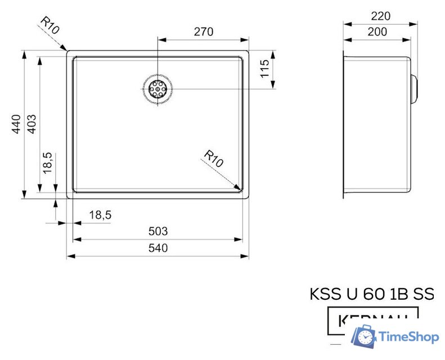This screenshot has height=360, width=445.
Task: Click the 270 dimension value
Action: click(x=204, y=31)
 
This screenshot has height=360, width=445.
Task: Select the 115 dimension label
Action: click(x=265, y=69)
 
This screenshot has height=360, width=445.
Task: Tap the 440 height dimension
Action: click(x=16, y=124)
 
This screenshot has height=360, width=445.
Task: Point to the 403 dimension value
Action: click(x=32, y=124)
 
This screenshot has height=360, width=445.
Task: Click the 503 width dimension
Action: click(x=158, y=231)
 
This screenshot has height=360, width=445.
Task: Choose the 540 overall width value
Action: click(x=158, y=248)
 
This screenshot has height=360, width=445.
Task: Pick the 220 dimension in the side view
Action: click(x=381, y=16)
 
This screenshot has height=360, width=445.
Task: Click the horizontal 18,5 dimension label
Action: click(x=100, y=214)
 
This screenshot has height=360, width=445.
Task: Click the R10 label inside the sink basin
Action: click(x=214, y=159)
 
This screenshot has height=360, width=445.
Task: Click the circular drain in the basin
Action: click(x=158, y=89)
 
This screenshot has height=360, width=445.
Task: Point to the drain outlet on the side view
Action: click(x=415, y=89)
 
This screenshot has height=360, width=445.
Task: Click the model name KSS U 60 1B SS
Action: click(x=372, y=294)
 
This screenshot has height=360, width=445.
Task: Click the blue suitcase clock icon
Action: click(x=364, y=337)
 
